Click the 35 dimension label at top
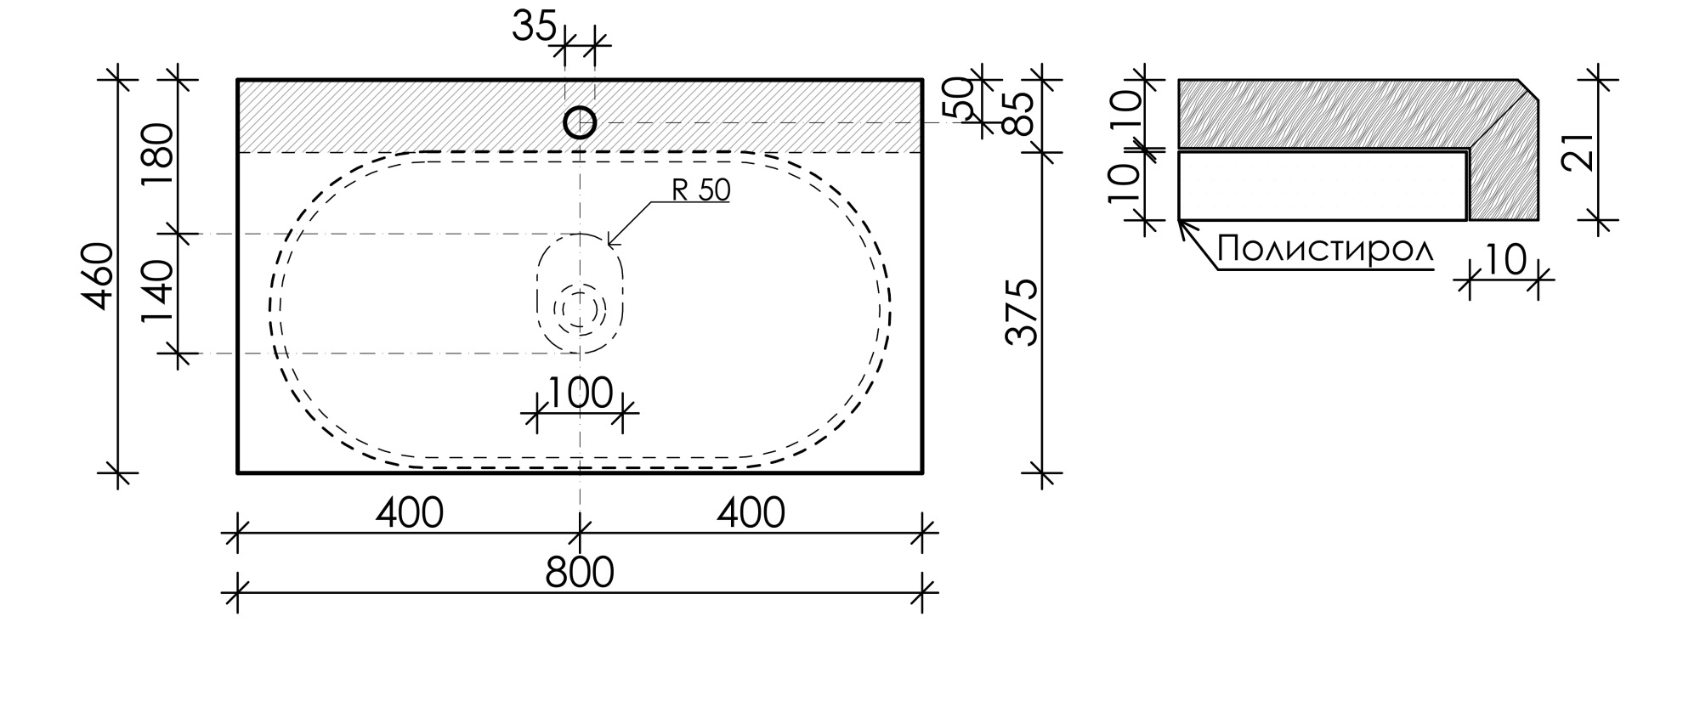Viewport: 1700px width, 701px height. click(x=533, y=27)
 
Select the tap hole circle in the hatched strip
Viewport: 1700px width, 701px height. click(x=580, y=122)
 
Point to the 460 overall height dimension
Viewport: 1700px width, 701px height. click(x=101, y=276)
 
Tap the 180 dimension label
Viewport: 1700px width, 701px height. click(x=159, y=146)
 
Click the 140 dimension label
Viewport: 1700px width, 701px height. click(x=159, y=293)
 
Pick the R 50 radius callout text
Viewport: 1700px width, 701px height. click(x=700, y=190)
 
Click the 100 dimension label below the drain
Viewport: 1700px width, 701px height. click(x=580, y=393)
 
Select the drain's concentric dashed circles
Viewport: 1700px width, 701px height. click(x=580, y=308)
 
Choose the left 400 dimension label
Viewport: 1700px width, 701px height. click(x=410, y=513)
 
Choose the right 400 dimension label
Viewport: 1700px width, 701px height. click(x=751, y=513)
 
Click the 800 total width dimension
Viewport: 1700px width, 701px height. click(x=580, y=573)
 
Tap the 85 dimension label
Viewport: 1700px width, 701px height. click(x=1020, y=114)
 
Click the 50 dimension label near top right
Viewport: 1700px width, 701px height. click(x=957, y=99)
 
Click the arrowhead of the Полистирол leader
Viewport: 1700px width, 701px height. click(x=1182, y=224)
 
